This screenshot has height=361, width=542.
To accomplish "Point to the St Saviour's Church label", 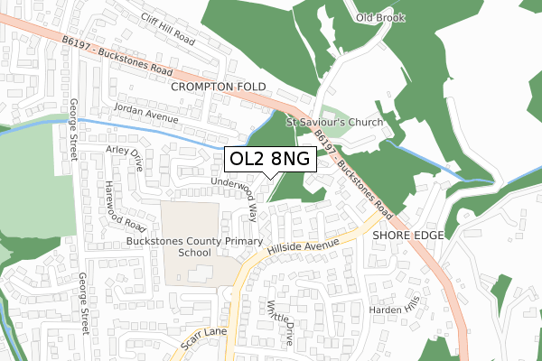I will pos(334,122).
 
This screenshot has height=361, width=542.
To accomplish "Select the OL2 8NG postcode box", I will pos(270,159).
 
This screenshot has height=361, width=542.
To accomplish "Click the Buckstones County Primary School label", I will pos(194,248).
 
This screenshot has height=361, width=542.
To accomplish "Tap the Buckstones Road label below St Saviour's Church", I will pos(355,177).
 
